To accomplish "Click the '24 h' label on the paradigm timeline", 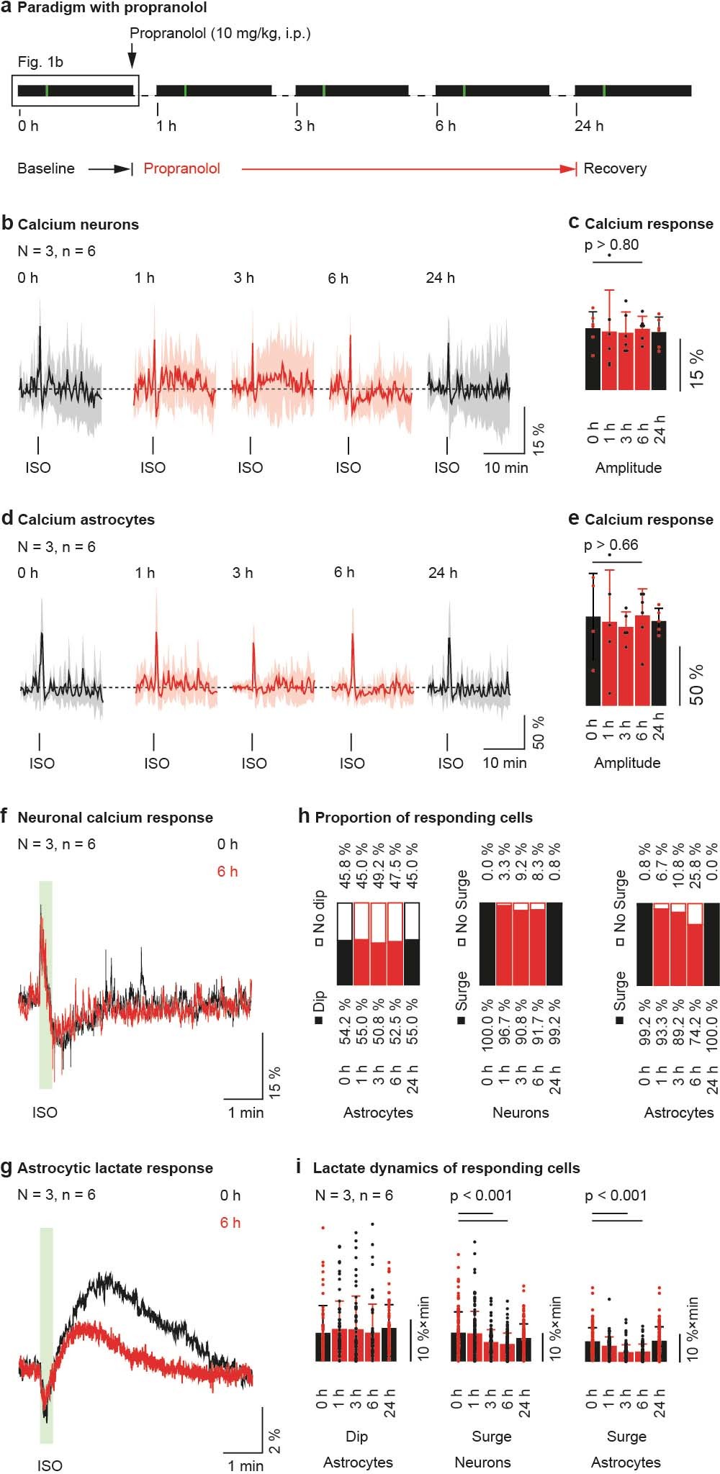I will point(588,127).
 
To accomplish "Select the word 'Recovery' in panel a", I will point(614,168).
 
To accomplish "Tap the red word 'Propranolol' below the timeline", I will point(181,168).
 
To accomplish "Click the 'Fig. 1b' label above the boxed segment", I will point(40,63).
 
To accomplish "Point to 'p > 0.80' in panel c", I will point(611,245).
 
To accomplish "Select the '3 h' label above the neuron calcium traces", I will point(243,278).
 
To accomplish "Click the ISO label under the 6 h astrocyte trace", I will point(351,763).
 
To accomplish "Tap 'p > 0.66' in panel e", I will point(611,545).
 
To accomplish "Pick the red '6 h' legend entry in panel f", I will point(228,872).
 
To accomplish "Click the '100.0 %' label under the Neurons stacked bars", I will point(487,1025).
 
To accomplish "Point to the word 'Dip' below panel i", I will point(356,1437).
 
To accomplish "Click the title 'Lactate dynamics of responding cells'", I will point(446,1168).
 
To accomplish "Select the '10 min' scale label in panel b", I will point(505,468).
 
